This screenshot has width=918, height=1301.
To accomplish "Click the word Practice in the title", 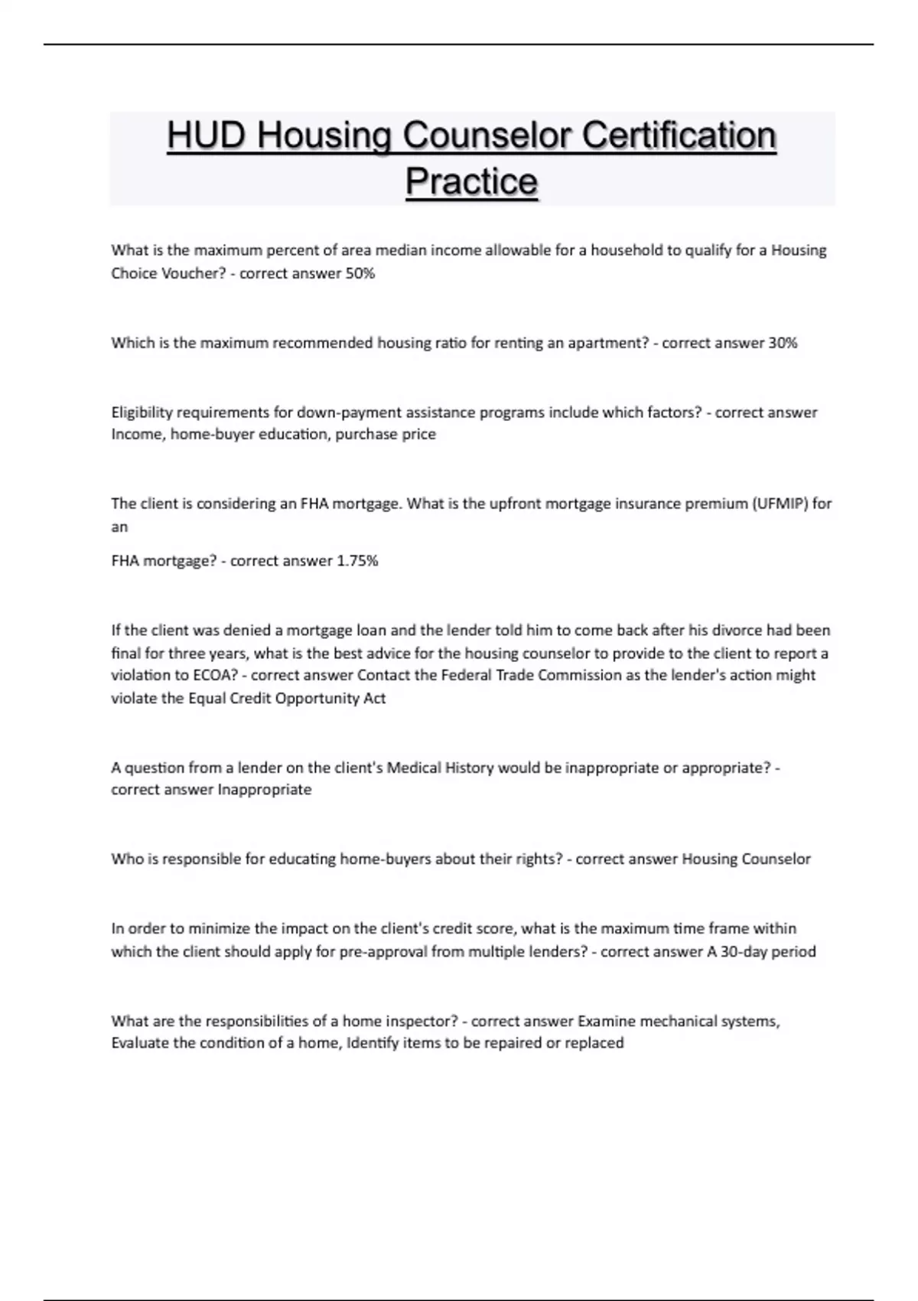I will click(x=471, y=182).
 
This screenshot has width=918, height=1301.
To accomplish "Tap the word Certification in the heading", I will click(x=679, y=136).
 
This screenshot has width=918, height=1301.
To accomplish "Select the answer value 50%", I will click(x=360, y=274).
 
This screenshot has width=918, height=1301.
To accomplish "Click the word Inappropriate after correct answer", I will click(x=265, y=790).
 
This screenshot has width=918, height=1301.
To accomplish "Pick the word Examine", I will click(x=607, y=1021).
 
